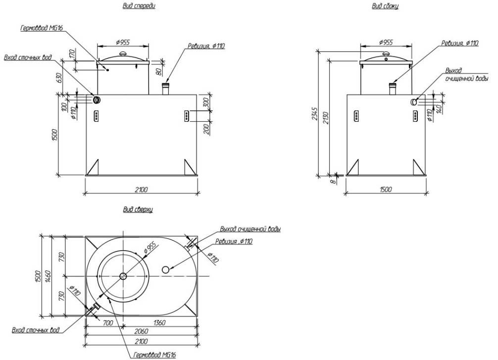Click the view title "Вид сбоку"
[385, 5]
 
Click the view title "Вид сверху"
[138, 209]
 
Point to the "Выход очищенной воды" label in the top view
[250, 229]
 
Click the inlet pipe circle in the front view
[97, 100]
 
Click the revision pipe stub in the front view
[166, 89]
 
